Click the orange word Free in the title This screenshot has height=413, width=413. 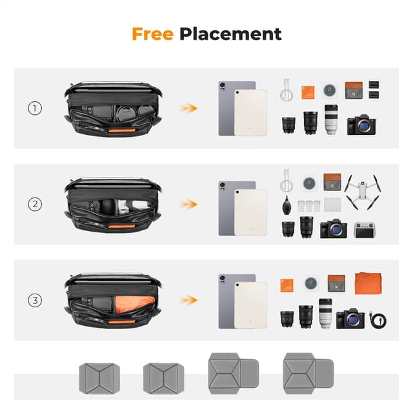[153, 34]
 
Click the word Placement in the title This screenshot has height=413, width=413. [230, 34]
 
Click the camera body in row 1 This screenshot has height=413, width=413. [361, 125]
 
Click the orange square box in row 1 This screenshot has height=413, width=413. [308, 90]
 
